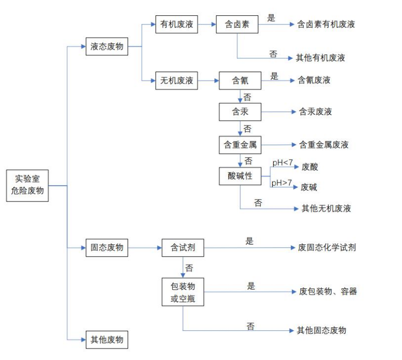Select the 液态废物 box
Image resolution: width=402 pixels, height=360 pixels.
point(107,47)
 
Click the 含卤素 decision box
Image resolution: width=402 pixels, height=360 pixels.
point(237,24)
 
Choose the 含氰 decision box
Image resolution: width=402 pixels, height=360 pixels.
point(240,80)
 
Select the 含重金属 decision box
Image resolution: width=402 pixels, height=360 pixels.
point(240,145)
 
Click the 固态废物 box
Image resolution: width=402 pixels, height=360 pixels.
point(107,247)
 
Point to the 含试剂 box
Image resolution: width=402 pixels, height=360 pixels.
point(183,248)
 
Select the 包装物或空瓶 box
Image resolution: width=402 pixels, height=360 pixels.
point(183,292)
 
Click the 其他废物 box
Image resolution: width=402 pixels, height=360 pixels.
point(107,340)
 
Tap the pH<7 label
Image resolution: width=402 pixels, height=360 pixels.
point(282,163)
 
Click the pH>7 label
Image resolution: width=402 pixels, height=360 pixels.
point(282,183)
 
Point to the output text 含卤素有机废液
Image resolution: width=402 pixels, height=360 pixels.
point(326,24)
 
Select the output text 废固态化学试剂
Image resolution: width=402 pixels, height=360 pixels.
point(327,247)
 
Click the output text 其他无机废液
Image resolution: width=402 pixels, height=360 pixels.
point(326,209)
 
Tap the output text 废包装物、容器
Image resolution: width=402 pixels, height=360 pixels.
point(328,291)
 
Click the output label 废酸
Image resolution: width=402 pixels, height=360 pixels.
point(310,167)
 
